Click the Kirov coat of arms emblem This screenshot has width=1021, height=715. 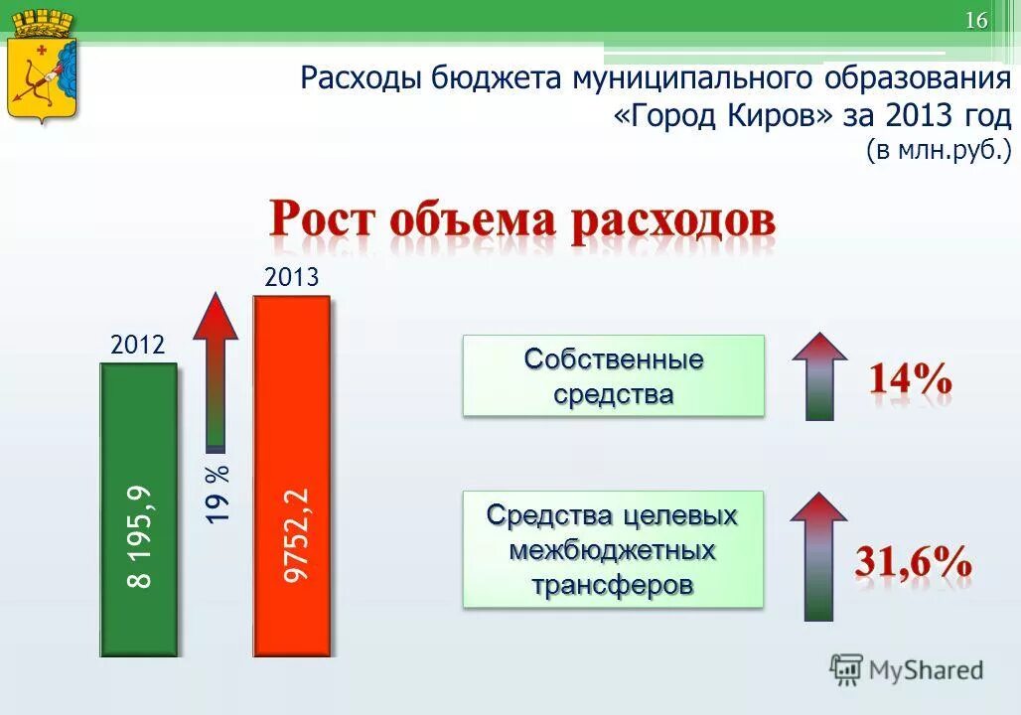pos(42,67)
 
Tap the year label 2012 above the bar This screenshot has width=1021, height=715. pos(137,346)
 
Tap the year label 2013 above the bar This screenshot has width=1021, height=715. pos(292,277)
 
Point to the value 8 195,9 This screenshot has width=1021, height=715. pos(140,536)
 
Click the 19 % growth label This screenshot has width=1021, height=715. pos(219,494)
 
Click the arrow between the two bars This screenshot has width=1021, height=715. pos(216,367)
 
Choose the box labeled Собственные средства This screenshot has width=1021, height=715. pos(613,375)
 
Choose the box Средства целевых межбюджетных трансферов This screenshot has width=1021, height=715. pos(613,549)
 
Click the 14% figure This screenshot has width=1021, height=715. pos(911,380)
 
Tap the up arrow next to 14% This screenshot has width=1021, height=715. pos(819,375)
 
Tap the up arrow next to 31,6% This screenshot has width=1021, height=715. pos(819,556)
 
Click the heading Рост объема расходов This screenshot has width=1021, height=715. pos(522,219)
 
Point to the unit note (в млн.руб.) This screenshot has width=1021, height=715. pos(938,151)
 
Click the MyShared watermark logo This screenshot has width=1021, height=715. pos(907,670)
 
